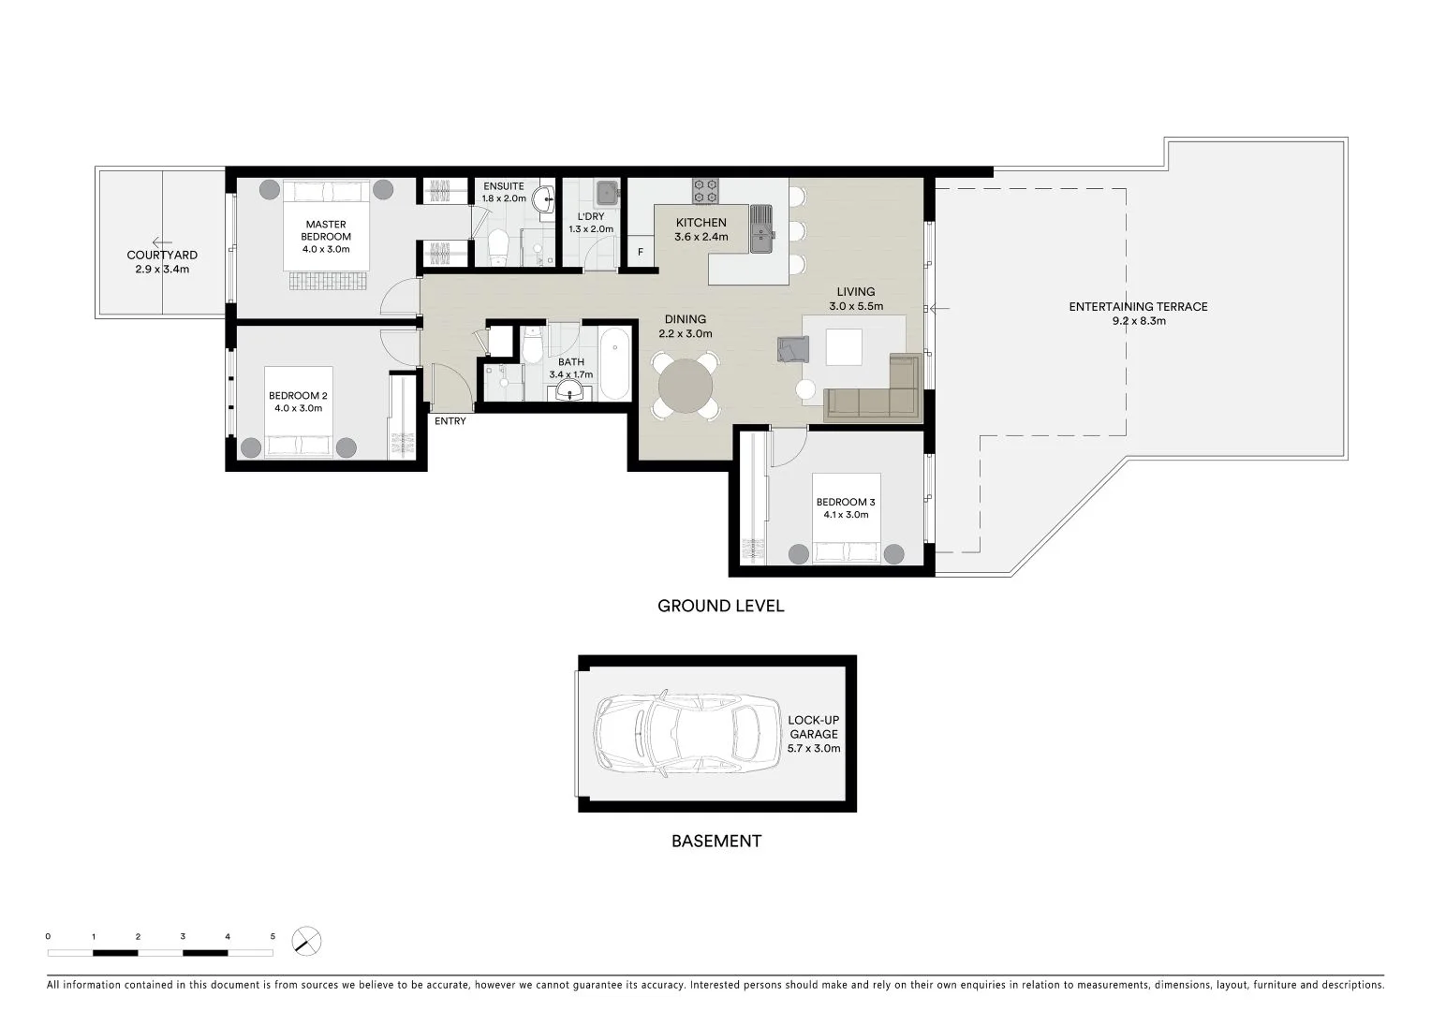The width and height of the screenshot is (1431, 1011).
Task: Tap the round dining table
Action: pos(686,385)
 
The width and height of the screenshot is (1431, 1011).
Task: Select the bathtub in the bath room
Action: pos(615,363)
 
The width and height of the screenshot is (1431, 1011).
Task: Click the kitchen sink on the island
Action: pos(762,227)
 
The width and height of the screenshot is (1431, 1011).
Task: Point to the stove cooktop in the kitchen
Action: pos(705,191)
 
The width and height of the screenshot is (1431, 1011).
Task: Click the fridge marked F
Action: pos(641,252)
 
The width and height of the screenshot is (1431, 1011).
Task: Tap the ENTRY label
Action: pos(450,421)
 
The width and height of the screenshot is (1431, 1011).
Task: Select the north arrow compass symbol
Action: pos(306,940)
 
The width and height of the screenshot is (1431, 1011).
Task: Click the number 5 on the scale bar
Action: pos(273,936)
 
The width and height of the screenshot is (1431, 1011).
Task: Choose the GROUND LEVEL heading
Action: pos(720,606)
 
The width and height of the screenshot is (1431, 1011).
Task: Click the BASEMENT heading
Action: pos(715,841)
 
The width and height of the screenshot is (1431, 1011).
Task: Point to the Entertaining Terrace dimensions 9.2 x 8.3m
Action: pos(1138,321)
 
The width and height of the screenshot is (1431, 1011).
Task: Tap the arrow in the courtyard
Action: pos(161,242)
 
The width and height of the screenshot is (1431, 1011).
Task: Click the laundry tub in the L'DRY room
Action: pos(608,193)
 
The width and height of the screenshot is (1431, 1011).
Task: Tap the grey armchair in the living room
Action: pos(791,349)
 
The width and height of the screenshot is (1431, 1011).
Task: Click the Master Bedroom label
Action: pos(325,230)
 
